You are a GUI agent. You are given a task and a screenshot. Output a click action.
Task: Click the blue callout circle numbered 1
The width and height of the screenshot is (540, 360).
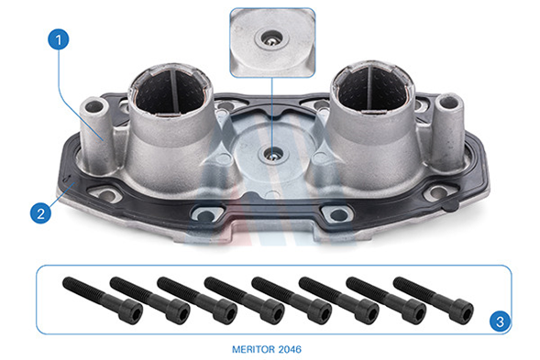[58, 39]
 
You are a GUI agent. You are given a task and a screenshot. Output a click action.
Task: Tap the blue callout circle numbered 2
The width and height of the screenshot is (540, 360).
[40, 213]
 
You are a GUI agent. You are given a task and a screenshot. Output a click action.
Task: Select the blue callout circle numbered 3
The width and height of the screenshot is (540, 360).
[500, 322]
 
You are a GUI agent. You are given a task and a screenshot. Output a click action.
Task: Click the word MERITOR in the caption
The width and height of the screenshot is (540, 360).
[253, 350]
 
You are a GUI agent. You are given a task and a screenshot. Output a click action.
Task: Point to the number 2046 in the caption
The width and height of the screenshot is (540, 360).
[290, 350]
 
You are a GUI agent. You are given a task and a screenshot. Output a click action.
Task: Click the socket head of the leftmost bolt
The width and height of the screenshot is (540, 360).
[131, 311]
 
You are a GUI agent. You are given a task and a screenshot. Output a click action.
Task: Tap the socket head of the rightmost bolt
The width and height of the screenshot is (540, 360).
[462, 311]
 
